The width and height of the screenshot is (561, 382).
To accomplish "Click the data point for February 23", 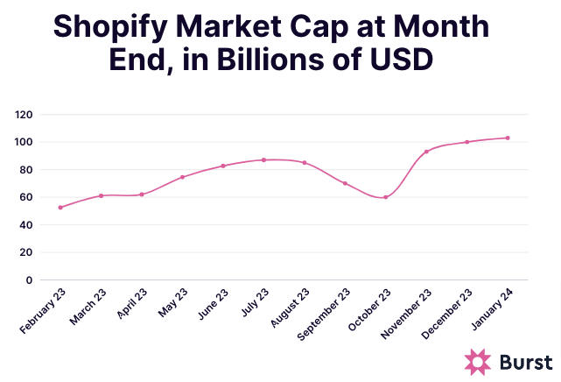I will click(60, 208).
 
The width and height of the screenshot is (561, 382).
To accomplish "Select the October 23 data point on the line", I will click(385, 197).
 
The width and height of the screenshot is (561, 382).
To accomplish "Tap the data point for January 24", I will click(508, 138).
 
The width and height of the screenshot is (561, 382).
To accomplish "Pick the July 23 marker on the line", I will click(263, 159).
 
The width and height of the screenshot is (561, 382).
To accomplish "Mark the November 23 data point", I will click(426, 152).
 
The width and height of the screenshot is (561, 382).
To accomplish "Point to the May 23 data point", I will click(182, 177).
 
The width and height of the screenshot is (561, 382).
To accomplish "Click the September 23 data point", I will click(345, 183).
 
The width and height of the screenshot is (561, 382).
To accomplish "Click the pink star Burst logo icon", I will click(478, 361).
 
